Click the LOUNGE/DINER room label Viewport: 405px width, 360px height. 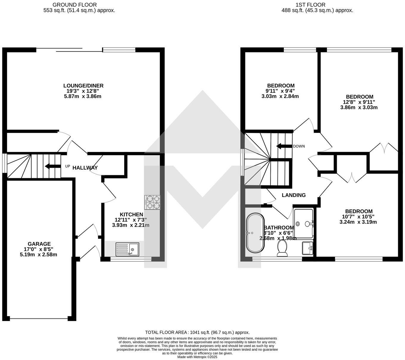click(83, 86)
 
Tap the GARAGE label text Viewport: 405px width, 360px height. click(39, 244)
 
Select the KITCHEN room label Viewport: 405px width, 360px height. click(131, 215)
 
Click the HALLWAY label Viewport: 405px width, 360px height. click(85, 168)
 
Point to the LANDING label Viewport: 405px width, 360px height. click(294, 195)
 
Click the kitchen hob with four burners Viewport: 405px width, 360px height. click(152, 202)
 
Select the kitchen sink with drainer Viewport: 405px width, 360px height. click(127, 249)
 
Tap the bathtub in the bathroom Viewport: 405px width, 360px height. click(255, 232)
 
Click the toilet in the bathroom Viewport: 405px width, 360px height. click(282, 248)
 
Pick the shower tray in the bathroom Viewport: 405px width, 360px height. click(303, 223)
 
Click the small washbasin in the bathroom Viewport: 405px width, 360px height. click(308, 248)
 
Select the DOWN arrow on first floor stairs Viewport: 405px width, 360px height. click(284, 146)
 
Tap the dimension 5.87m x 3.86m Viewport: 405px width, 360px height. click(83, 97)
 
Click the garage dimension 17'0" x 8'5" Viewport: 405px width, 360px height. click(38, 249)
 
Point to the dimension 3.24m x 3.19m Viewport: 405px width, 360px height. click(358, 222)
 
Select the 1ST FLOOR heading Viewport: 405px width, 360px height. click(310, 5)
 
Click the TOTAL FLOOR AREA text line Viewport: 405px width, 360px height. click(197, 332)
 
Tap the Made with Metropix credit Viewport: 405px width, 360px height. click(197, 357)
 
